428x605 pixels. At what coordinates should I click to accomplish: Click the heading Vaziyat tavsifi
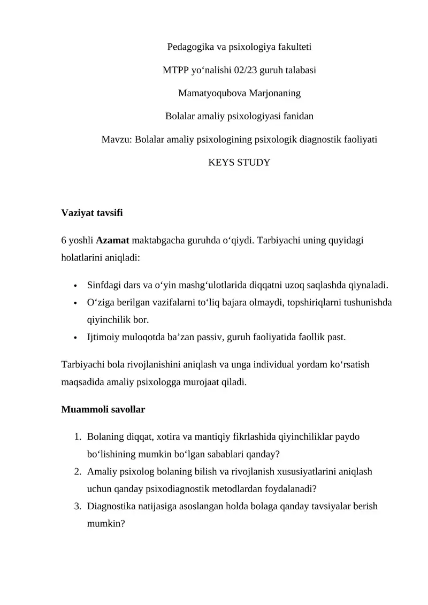(92, 213)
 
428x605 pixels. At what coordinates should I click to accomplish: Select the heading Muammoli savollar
(103, 410)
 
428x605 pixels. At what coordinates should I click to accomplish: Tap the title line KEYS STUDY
(239, 162)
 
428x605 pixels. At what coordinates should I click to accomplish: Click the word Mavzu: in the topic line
(117, 139)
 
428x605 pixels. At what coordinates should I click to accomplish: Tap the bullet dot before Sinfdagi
(76, 286)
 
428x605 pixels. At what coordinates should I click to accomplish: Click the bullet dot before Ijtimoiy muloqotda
(76, 338)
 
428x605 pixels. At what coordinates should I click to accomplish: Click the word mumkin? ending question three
(106, 524)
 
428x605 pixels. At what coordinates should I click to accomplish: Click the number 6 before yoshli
(64, 240)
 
